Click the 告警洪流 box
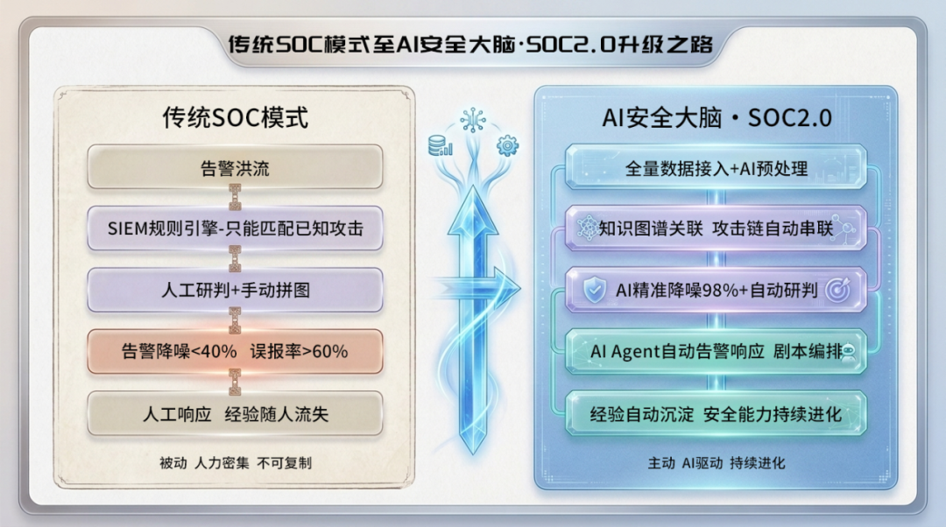[x=235, y=167]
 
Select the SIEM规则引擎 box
[x=235, y=228]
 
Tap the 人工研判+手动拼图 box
[x=235, y=290]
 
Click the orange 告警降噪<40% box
[x=235, y=351]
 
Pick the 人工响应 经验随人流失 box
[x=235, y=414]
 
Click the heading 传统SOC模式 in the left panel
[x=236, y=117]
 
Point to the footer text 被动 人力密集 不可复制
[x=236, y=463]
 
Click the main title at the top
[x=470, y=44]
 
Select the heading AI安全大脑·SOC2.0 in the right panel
[x=717, y=117]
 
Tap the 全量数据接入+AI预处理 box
[x=716, y=167]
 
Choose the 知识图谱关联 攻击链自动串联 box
[x=716, y=228]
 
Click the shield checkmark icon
[x=595, y=290]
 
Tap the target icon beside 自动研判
[x=837, y=290]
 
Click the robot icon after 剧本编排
[x=848, y=352]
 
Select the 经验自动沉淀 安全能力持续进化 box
[x=716, y=414]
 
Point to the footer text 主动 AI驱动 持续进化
[x=717, y=463]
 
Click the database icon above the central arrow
[x=440, y=146]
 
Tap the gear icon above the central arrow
[x=507, y=146]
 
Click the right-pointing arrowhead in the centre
[x=505, y=288]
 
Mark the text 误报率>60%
[x=300, y=351]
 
